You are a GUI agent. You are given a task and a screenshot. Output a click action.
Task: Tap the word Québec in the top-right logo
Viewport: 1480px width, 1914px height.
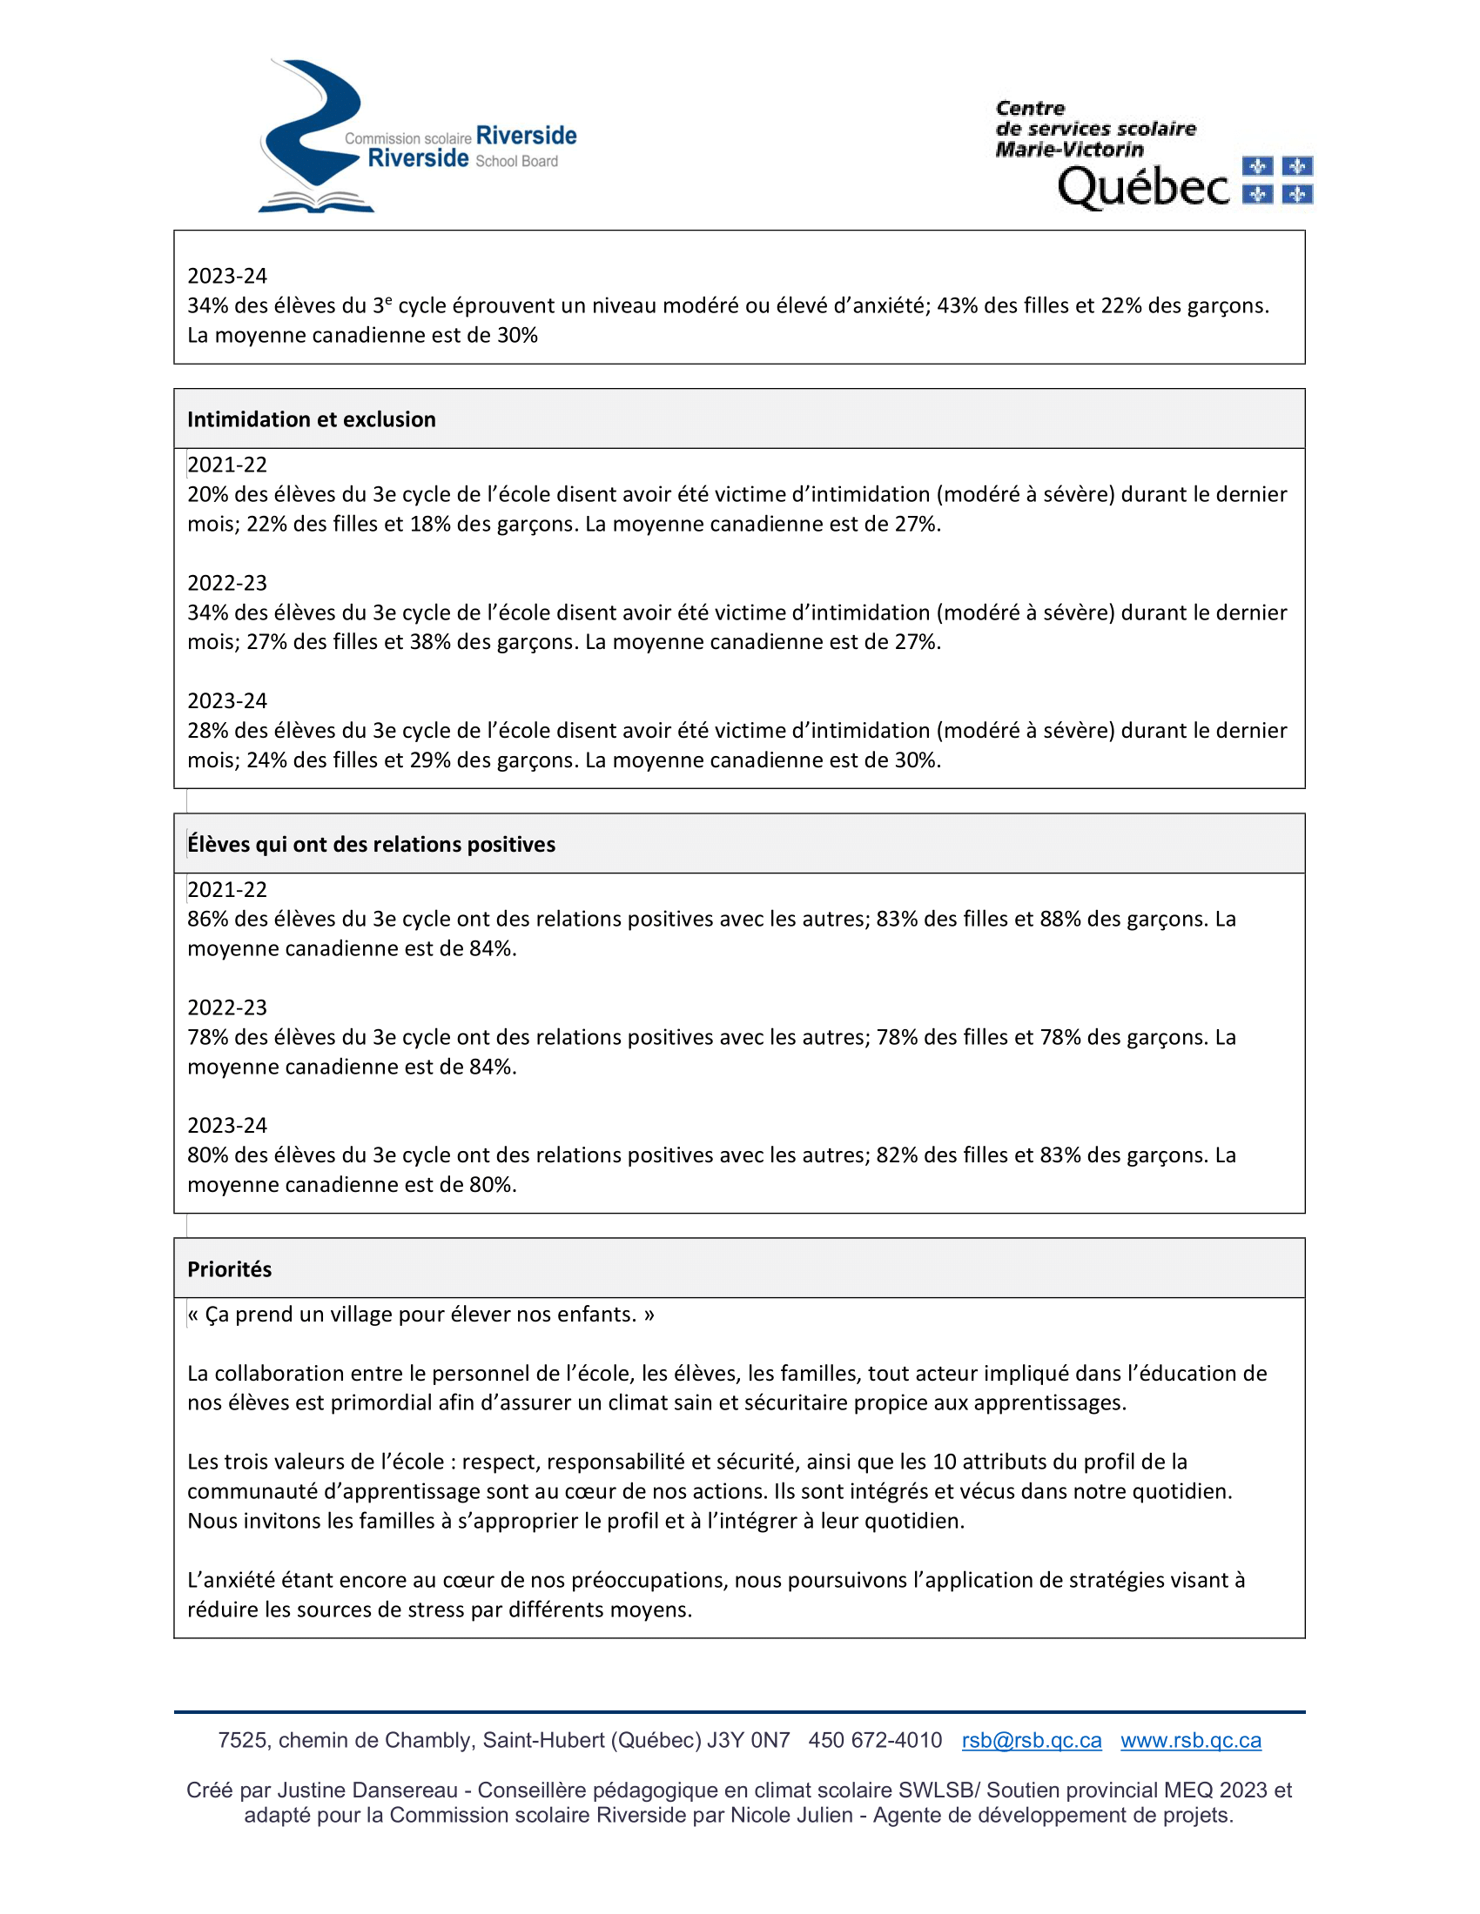(x=1143, y=187)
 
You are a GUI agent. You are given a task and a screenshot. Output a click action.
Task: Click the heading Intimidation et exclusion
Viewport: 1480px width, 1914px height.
(x=312, y=420)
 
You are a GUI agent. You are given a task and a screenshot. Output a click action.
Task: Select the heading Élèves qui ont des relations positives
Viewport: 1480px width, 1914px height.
(x=371, y=845)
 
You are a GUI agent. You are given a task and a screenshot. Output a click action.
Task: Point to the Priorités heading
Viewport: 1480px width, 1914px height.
(x=230, y=1270)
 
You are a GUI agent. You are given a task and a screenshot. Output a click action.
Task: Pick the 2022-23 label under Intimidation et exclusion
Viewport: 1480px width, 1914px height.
(x=227, y=583)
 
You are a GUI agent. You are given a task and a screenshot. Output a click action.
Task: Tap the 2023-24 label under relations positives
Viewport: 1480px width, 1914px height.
(x=227, y=1125)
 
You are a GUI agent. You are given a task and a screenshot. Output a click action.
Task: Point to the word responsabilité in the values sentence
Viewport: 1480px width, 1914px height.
(x=616, y=1462)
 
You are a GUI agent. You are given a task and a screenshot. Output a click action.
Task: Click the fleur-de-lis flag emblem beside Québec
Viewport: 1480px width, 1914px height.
(x=1277, y=180)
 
